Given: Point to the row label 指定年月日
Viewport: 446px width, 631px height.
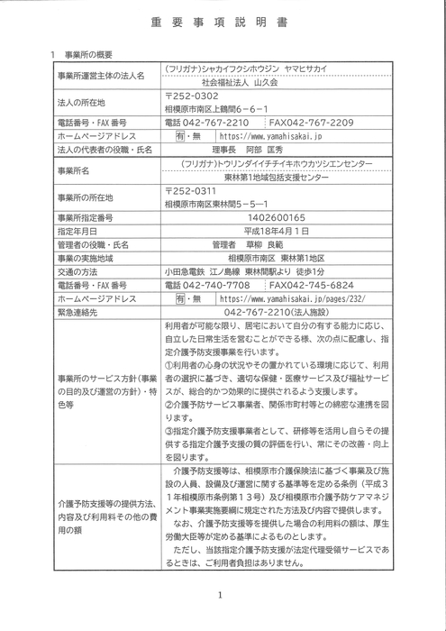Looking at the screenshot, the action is point(80,231).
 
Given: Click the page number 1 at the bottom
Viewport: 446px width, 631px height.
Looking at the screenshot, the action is point(220,594).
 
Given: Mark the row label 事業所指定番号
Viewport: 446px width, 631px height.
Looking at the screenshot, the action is point(89,217).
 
